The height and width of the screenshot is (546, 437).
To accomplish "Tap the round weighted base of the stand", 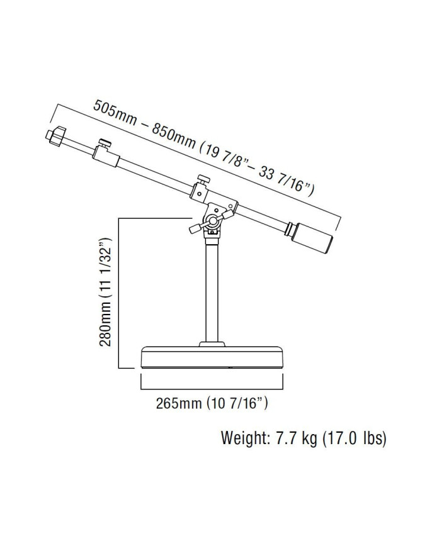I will click(213, 359).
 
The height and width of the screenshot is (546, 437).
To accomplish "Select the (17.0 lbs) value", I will click(355, 438).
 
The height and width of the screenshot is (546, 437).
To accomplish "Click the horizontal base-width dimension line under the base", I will click(213, 387).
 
